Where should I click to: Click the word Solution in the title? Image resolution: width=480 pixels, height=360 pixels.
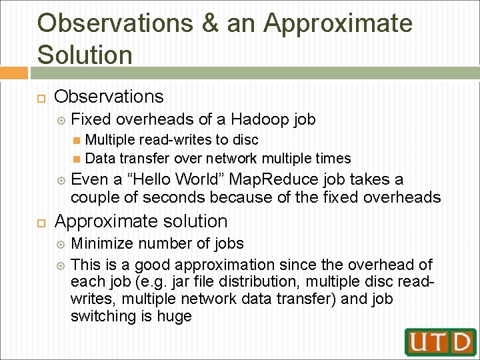click(x=85, y=54)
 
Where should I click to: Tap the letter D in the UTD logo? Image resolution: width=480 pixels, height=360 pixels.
click(x=460, y=342)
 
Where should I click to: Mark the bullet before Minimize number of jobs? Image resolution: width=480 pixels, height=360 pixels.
click(x=61, y=245)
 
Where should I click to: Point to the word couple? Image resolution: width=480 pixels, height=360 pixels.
click(x=93, y=197)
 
